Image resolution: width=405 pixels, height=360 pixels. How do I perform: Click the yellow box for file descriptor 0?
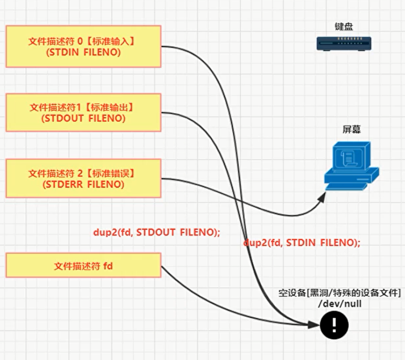[x=83, y=46]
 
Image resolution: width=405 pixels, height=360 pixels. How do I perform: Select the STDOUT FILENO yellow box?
[x=83, y=112]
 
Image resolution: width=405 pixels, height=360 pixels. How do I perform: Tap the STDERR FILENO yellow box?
[x=83, y=178]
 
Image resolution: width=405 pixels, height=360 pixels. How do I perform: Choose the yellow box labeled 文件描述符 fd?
[x=83, y=265]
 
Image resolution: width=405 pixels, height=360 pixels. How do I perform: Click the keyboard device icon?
[x=344, y=43]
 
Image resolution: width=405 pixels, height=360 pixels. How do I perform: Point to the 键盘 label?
[x=344, y=27]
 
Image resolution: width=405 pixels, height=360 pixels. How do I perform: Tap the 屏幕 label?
[x=351, y=130]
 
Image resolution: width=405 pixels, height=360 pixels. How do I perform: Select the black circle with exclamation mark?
[x=334, y=325]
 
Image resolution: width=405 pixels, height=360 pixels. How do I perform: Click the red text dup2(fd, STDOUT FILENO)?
[x=156, y=232]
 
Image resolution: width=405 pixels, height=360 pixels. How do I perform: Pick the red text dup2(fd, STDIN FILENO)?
[x=302, y=242]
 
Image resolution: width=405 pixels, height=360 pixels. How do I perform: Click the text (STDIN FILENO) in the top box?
[x=83, y=52]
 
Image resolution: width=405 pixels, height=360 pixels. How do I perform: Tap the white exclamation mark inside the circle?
[x=334, y=325]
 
